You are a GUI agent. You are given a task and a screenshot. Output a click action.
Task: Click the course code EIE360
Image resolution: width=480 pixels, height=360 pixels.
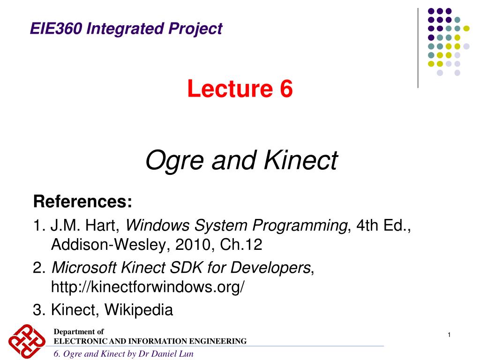[56, 29]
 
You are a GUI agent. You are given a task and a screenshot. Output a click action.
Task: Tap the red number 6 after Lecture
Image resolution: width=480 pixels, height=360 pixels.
[286, 89]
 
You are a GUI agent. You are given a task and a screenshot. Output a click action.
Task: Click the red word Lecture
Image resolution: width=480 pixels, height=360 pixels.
[230, 89]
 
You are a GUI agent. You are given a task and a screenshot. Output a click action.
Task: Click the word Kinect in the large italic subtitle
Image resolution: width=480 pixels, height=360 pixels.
[300, 160]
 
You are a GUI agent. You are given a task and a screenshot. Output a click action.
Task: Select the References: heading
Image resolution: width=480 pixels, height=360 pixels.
[82, 202]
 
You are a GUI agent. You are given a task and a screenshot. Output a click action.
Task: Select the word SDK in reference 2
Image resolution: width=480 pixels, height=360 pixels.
[186, 268]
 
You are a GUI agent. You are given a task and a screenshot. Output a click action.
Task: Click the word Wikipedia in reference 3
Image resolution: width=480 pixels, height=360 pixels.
[139, 310]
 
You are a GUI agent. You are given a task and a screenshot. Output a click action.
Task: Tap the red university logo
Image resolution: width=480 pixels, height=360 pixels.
[27, 341]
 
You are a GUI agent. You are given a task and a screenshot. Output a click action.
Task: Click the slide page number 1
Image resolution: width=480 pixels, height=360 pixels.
[449, 335]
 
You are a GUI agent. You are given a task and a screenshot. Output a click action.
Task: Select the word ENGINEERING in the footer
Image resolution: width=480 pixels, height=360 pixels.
[217, 341]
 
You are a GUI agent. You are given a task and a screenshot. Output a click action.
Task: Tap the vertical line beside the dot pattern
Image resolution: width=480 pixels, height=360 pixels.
[418, 48]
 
